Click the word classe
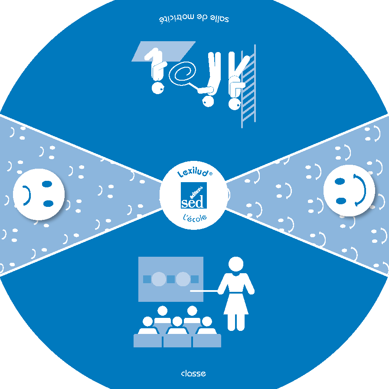click(x=193, y=373)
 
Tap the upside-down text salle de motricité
click(x=194, y=20)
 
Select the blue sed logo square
click(x=193, y=196)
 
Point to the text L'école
click(x=193, y=217)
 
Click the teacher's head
click(x=235, y=264)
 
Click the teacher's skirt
click(x=235, y=304)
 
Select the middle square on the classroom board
click(x=171, y=279)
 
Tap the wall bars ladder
click(x=249, y=87)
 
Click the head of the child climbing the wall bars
click(x=235, y=104)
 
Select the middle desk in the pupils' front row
click(x=177, y=341)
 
